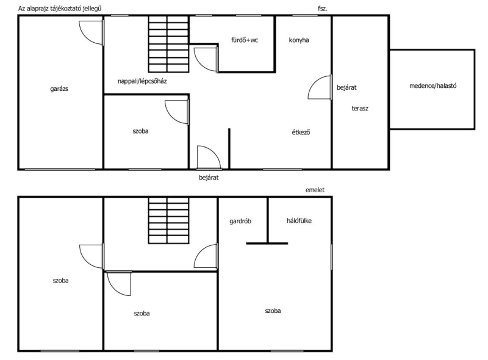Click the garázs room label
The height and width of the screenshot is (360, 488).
click(x=59, y=89)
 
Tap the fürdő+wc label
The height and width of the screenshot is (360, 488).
click(x=245, y=40)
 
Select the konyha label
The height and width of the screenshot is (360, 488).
click(x=299, y=40)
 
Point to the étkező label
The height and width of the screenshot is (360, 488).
click(x=301, y=132)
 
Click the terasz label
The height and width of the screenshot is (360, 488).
click(x=360, y=109)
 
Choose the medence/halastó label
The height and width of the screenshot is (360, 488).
click(x=433, y=86)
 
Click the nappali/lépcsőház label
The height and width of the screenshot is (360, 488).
click(x=142, y=81)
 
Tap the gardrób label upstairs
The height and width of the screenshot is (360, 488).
click(x=240, y=221)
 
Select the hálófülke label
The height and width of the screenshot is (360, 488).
click(x=299, y=221)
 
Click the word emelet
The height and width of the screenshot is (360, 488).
click(x=315, y=190)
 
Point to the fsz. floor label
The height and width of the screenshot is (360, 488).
click(x=323, y=9)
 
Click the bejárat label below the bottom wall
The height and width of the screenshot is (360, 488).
click(x=209, y=178)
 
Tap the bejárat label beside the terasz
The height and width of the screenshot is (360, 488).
click(x=346, y=87)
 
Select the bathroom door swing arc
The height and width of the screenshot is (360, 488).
click(x=200, y=65)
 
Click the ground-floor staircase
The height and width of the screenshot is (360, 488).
click(x=168, y=44)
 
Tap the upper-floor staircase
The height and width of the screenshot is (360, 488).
click(x=168, y=220)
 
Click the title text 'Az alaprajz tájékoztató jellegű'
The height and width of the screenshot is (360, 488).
click(x=60, y=9)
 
